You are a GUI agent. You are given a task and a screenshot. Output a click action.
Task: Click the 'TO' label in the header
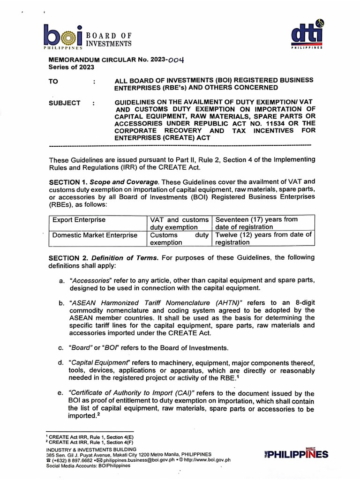(53, 81)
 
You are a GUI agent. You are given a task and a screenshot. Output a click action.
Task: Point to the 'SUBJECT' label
(64, 103)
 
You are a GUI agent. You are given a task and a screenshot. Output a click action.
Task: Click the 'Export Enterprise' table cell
(79, 220)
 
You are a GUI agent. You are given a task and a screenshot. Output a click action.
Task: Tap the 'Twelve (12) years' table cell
(263, 239)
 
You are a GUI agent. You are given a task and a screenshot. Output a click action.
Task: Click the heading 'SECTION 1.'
(68, 181)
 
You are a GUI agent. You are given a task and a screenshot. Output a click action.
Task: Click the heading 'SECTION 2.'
(68, 257)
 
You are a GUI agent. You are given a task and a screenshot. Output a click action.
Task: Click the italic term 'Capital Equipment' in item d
(99, 363)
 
